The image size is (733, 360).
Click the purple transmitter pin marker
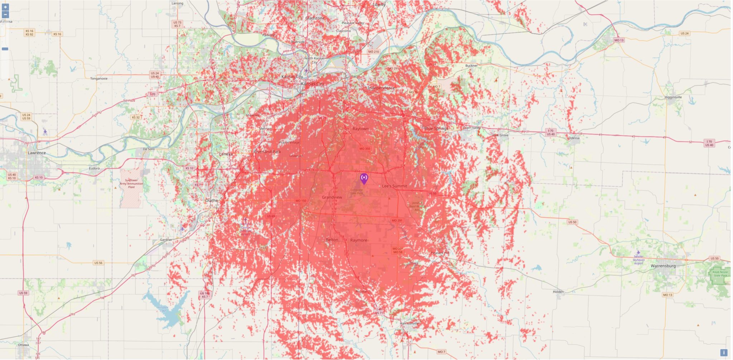click(x=364, y=178)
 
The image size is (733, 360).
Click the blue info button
click(x=723, y=352)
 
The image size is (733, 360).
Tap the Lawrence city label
click(x=37, y=153)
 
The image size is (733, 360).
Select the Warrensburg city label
click(x=663, y=266)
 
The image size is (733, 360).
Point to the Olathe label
click(x=211, y=200)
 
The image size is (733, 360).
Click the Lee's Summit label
click(x=394, y=186)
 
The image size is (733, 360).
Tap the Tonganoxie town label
click(x=99, y=78)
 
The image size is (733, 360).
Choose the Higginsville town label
click(x=673, y=97)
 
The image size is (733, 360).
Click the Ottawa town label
click(x=23, y=345)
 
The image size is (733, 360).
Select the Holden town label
click(x=558, y=292)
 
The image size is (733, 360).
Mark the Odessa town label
click(x=574, y=138)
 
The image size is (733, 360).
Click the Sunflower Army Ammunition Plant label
click(x=131, y=184)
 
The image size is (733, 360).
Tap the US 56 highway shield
click(x=98, y=263)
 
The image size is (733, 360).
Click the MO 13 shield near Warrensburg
click(x=667, y=295)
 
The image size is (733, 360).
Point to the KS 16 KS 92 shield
click(x=29, y=33)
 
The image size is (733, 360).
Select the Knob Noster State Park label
click(x=720, y=274)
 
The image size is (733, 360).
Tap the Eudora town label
click(x=94, y=168)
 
